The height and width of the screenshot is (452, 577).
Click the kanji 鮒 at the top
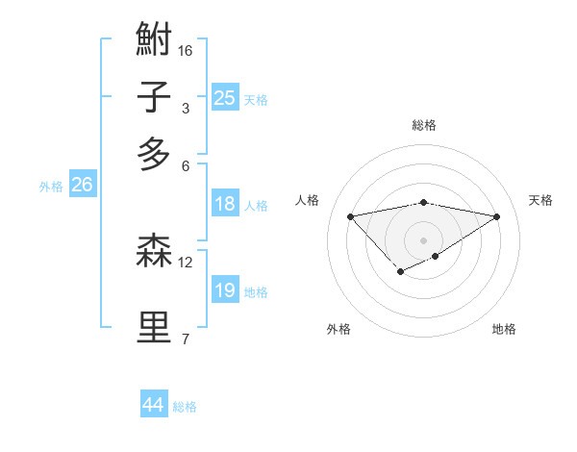155,40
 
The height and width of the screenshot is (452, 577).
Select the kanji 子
155,97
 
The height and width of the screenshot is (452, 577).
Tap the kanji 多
155,154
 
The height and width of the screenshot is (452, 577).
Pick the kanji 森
155,252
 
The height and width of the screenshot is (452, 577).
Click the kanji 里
155,328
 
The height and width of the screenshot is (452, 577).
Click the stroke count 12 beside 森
187,262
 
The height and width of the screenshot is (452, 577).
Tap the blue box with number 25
225,97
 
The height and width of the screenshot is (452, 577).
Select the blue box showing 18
225,204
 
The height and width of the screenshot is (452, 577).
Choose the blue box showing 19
225,290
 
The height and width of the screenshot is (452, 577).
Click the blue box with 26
82,185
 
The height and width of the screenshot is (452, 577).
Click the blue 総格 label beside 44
185,407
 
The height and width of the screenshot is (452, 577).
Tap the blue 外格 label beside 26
51,187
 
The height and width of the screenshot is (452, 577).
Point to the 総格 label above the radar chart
424,125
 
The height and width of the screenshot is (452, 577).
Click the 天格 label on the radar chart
541,200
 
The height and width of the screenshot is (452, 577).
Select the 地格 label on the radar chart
504,329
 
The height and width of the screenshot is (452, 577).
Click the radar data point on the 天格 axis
497,216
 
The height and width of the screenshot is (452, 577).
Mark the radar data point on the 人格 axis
350,215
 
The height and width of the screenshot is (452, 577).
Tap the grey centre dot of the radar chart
424,239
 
